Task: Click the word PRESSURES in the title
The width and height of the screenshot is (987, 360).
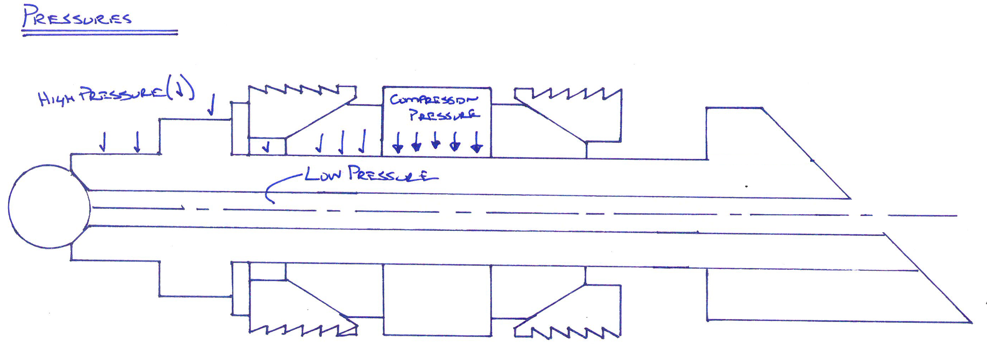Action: coord(78,17)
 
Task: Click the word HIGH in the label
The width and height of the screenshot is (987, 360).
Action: coord(56,98)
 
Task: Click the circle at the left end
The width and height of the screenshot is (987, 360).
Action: coord(49,207)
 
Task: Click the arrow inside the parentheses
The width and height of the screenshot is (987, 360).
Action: coord(179,90)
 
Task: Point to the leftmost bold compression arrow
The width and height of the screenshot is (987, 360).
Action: coord(398,142)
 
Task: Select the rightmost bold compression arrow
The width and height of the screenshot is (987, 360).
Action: coord(476,142)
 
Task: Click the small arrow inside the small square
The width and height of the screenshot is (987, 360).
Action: coord(266,146)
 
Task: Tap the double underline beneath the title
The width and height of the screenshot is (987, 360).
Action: coord(100,32)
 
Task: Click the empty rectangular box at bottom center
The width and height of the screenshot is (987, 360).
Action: coord(437,300)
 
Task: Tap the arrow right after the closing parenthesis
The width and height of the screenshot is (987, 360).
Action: coord(212,104)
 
